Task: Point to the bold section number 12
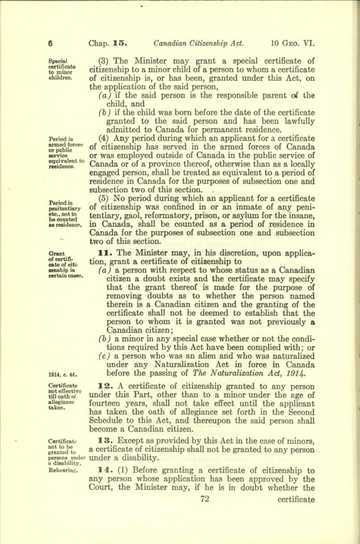(104, 386)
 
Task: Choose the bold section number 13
(104, 440)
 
